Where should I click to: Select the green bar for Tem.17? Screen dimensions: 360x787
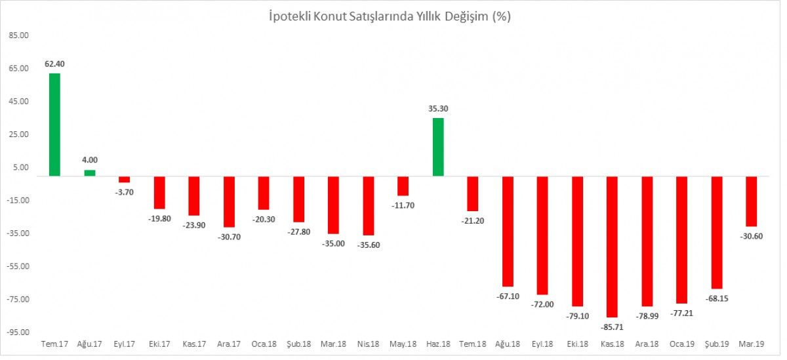pos(54,125)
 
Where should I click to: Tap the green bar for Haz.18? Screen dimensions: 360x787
pos(438,147)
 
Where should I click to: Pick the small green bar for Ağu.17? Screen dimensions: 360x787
pos(90,173)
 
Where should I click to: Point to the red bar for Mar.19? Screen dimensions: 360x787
pos(752,201)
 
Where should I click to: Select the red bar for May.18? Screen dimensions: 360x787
pos(403,186)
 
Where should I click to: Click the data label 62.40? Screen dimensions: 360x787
pos(54,64)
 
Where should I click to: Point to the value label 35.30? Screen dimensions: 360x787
pos(438,108)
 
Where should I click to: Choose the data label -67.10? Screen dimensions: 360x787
pos(508,296)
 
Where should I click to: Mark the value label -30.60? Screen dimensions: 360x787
pos(752,236)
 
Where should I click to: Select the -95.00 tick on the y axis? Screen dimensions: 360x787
pos(18,332)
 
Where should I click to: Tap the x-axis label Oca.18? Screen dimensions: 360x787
pos(263,344)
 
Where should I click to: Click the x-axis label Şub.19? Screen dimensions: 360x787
pos(716,344)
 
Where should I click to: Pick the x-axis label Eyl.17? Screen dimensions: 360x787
pos(124,344)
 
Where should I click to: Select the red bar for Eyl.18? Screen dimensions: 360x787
pos(542,235)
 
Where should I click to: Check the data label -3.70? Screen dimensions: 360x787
pos(124,191)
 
